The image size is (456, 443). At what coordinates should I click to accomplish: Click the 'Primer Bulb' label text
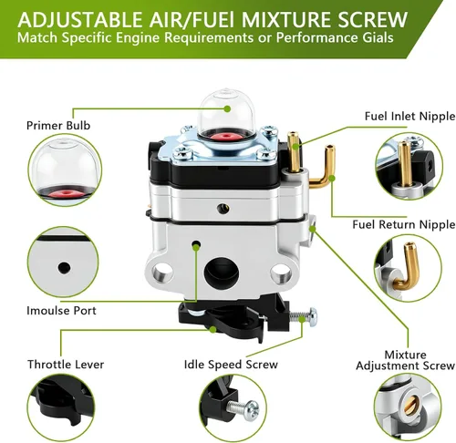coord(58,126)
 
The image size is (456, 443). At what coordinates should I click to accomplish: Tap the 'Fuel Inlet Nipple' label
coord(409,116)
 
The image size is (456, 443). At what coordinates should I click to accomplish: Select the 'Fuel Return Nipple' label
coord(404,224)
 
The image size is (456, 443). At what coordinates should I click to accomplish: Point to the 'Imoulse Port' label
coord(61,311)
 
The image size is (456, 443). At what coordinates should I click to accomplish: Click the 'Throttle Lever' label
coord(66,365)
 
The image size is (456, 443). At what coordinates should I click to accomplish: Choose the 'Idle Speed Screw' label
coord(231,365)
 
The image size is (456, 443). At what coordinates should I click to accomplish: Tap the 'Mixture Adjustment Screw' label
coord(405,360)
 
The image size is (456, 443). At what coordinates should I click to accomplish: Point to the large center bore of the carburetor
coord(222,272)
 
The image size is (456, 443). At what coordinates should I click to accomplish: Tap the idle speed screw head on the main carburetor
coord(312,316)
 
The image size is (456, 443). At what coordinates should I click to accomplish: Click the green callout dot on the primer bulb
coord(227,108)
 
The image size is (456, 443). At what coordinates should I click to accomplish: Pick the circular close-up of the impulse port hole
coord(63,263)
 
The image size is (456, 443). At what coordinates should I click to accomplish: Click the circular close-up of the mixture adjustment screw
coord(408,407)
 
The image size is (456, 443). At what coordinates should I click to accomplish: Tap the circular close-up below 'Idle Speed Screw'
coord(233,407)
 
